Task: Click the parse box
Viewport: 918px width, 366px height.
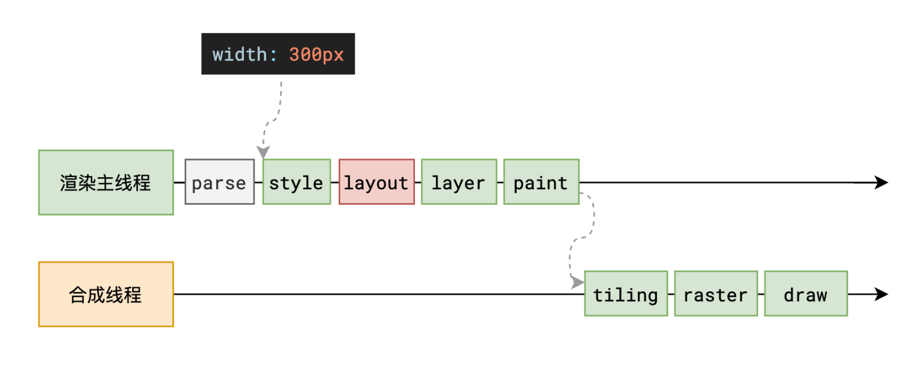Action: coord(219,182)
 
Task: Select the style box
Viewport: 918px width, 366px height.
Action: coord(296,182)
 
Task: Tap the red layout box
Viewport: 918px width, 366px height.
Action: coord(376,182)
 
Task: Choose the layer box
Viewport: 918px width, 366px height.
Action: coord(458,182)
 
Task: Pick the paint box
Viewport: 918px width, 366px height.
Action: coord(541,182)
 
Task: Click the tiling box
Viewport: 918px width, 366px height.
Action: coord(625,294)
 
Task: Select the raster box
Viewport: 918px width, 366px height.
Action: coord(715,294)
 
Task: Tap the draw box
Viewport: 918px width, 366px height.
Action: coord(805,294)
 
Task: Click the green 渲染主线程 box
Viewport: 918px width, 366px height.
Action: coord(106,182)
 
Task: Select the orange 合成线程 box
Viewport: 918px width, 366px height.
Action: coord(106,294)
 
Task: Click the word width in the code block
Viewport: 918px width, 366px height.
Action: coord(239,55)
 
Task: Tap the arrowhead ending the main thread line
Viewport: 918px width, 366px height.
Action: coord(881,182)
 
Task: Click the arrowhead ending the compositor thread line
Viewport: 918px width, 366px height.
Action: coord(881,294)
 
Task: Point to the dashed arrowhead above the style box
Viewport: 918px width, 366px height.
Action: coord(263,152)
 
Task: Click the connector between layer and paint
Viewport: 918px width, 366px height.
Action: coord(500,182)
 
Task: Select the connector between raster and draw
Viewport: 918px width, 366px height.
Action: coord(760,294)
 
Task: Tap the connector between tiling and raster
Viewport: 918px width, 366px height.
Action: coord(671,294)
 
